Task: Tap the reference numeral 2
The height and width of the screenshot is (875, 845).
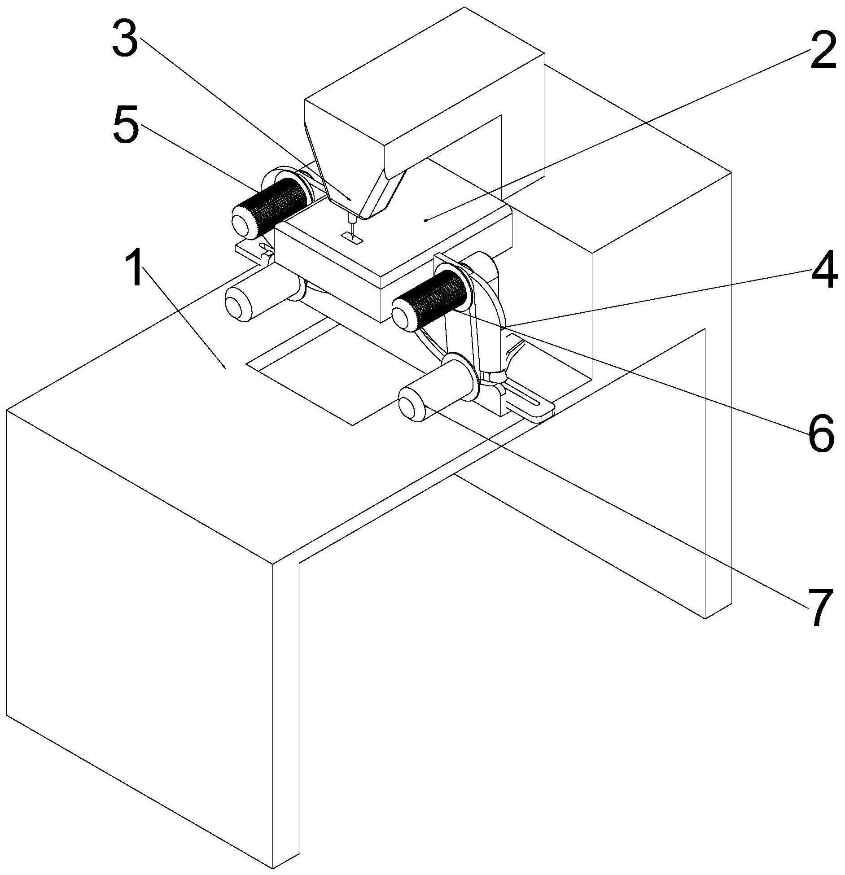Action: click(x=822, y=50)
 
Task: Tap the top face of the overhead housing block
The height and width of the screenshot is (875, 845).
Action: click(x=424, y=76)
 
